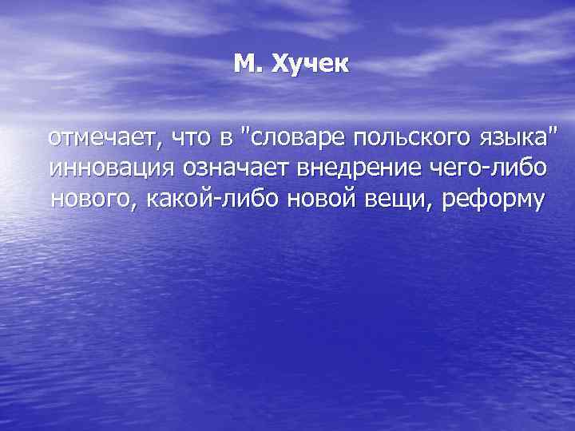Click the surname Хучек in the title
[311, 63]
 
